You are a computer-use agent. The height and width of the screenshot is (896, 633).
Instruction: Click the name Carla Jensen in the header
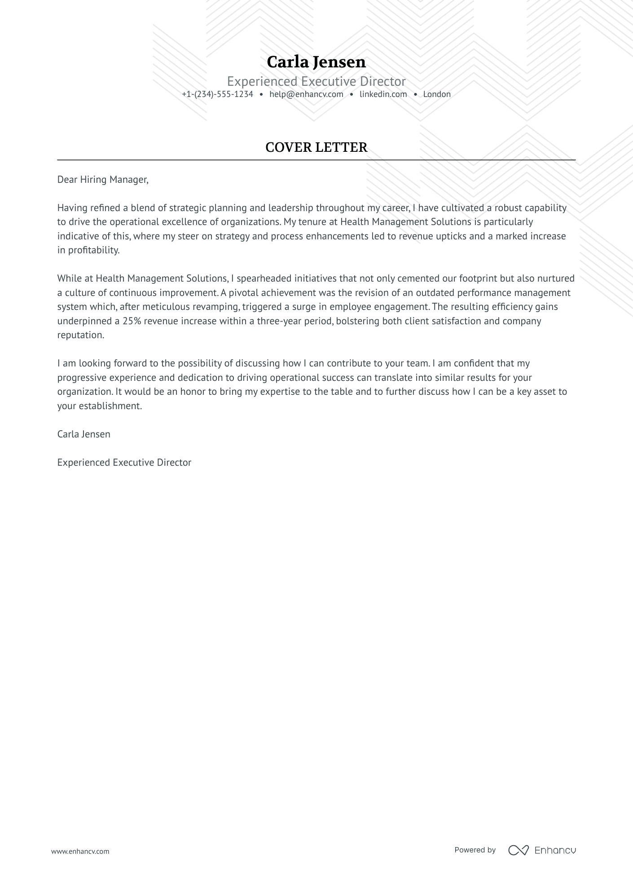point(316,62)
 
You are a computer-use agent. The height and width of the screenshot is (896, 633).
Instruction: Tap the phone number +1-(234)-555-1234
point(217,94)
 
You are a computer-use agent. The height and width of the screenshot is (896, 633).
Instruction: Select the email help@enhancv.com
point(306,94)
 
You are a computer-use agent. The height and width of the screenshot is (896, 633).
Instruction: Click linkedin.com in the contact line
point(383,94)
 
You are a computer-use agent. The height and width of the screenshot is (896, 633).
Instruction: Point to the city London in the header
point(436,94)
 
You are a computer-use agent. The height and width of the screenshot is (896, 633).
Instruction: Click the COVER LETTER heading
point(316,147)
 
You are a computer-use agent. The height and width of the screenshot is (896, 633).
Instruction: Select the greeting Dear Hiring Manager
point(102,180)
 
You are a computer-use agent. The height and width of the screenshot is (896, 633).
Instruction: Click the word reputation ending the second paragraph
point(80,335)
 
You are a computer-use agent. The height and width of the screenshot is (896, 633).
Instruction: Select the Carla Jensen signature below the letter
point(84,434)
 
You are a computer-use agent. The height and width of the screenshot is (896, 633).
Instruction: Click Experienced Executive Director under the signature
point(124,463)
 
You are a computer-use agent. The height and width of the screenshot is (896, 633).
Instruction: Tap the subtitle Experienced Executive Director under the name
point(316,81)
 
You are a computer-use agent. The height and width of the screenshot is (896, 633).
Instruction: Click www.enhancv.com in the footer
point(80,851)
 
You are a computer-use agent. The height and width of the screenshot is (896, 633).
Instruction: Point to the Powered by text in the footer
point(475,850)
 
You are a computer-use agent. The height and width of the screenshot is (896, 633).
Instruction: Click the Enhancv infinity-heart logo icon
point(518,850)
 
